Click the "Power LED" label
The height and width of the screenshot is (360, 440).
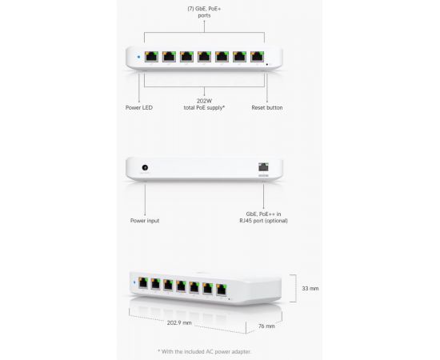tap(139, 107)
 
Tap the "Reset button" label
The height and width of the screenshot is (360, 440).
tap(267, 107)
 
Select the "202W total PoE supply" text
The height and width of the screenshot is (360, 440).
tap(204, 104)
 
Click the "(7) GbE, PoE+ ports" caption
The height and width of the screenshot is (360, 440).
tap(204, 12)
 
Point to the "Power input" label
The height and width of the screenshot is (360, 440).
tap(145, 221)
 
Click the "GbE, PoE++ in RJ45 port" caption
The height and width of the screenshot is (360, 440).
tap(263, 217)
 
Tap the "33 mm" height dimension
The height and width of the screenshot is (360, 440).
tap(310, 288)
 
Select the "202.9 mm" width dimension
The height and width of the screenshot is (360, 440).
tap(179, 322)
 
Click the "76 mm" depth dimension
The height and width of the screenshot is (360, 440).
tap(266, 326)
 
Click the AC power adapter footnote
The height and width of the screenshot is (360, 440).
tap(205, 351)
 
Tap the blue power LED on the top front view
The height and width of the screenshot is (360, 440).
tap(138, 57)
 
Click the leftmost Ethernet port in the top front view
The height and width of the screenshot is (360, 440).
tap(151, 57)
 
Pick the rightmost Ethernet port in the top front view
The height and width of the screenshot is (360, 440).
tap(257, 57)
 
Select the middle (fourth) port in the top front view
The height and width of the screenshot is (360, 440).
tap(204, 57)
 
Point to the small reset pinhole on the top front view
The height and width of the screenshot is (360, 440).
tap(267, 64)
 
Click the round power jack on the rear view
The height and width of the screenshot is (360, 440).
tap(145, 167)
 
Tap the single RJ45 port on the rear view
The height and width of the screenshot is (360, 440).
tap(263, 167)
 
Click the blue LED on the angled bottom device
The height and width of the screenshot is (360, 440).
tap(134, 282)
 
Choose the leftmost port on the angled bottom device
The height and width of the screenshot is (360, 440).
tap(143, 283)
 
